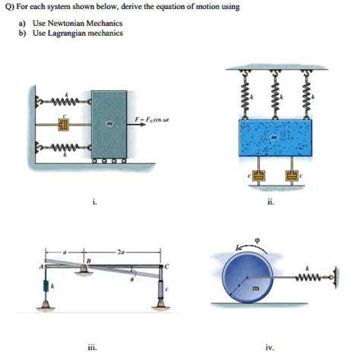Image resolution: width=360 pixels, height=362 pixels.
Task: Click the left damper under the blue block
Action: (258, 177)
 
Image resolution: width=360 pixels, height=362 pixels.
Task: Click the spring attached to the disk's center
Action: (308, 279)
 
